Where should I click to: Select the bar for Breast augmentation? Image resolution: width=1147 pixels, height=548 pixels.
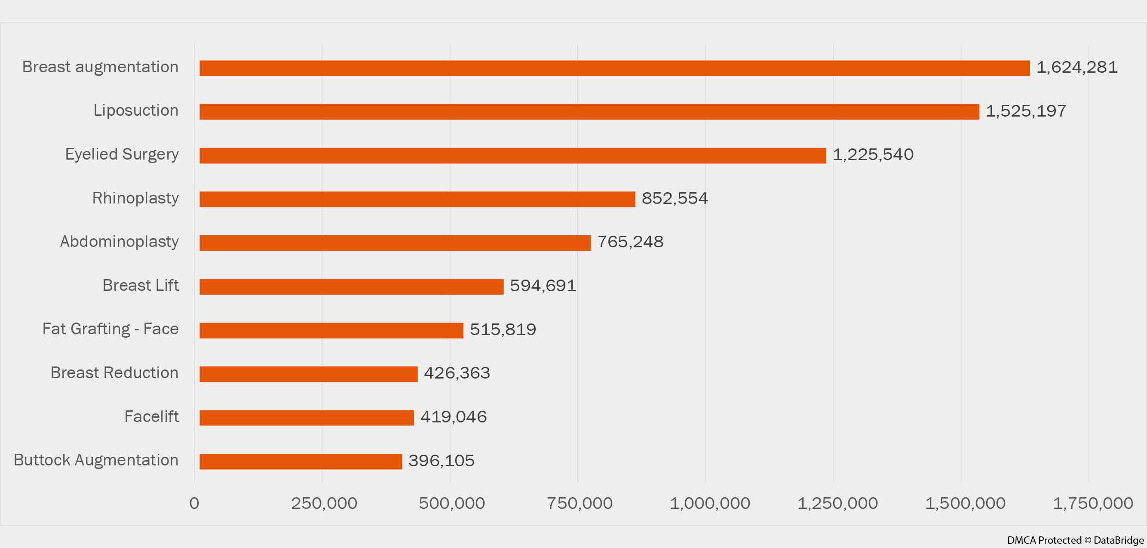614,68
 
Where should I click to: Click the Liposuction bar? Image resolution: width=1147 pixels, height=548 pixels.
589,112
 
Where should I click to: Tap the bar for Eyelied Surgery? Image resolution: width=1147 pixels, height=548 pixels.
512,155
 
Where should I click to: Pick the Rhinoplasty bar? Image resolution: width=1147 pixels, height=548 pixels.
417,199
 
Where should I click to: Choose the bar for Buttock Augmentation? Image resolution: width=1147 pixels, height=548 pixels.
301,461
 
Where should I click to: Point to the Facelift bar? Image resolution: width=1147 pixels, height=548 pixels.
307,418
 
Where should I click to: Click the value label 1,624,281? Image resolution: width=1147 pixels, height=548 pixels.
1076,67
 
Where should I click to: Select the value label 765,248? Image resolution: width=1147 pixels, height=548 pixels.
630,242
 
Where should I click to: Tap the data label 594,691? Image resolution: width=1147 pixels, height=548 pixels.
543,286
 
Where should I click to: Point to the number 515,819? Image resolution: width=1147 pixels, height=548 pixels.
503,329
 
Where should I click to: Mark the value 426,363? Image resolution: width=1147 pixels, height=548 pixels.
457,373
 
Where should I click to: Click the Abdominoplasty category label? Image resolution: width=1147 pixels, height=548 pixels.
120,241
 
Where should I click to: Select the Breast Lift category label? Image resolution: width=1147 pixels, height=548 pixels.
140,285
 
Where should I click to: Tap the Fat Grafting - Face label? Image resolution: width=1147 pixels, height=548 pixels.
110,329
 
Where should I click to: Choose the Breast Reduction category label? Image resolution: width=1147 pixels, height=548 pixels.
114,373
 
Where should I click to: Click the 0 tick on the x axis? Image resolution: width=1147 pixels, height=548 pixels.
194,503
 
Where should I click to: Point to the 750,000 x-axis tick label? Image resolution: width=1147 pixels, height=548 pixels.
580,503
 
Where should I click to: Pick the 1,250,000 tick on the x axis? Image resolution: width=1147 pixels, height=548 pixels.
837,503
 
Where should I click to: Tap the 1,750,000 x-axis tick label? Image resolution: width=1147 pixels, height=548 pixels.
1093,503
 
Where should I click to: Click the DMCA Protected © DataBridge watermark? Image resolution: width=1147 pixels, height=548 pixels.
1075,540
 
